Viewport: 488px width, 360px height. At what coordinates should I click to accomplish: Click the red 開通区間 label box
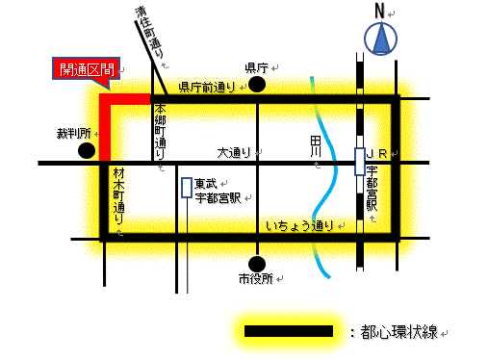click(86, 68)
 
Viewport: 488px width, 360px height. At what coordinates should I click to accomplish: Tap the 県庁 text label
click(255, 67)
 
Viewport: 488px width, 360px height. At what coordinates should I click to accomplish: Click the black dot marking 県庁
click(257, 86)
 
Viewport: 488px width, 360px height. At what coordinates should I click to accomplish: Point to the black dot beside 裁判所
click(87, 151)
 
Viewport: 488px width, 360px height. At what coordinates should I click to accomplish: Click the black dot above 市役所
click(257, 263)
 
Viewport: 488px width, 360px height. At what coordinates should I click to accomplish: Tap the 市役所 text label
click(256, 279)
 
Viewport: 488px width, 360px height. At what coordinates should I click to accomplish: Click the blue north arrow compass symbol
click(381, 41)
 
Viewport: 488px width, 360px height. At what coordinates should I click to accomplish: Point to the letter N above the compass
click(381, 13)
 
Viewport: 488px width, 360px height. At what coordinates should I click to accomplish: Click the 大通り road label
click(234, 151)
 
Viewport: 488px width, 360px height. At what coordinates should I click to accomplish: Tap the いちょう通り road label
click(299, 226)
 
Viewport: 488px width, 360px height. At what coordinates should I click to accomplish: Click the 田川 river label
click(315, 148)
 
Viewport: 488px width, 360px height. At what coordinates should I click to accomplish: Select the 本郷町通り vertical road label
click(160, 129)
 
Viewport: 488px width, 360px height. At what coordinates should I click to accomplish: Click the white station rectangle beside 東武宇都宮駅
click(186, 187)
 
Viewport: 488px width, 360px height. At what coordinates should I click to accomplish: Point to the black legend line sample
click(289, 330)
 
